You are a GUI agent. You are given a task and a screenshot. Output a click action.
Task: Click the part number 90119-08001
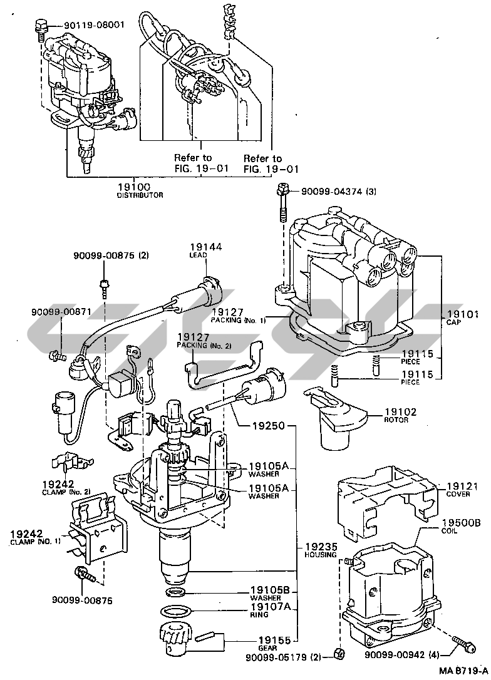[94, 26]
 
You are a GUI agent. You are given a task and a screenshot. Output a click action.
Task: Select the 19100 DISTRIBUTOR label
[140, 190]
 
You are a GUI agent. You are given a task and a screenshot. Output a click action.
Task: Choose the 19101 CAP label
[463, 318]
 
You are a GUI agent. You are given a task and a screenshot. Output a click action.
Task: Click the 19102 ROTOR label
[395, 415]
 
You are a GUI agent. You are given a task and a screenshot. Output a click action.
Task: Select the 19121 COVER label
[462, 490]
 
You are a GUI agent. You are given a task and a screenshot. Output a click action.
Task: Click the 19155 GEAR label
[273, 642]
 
